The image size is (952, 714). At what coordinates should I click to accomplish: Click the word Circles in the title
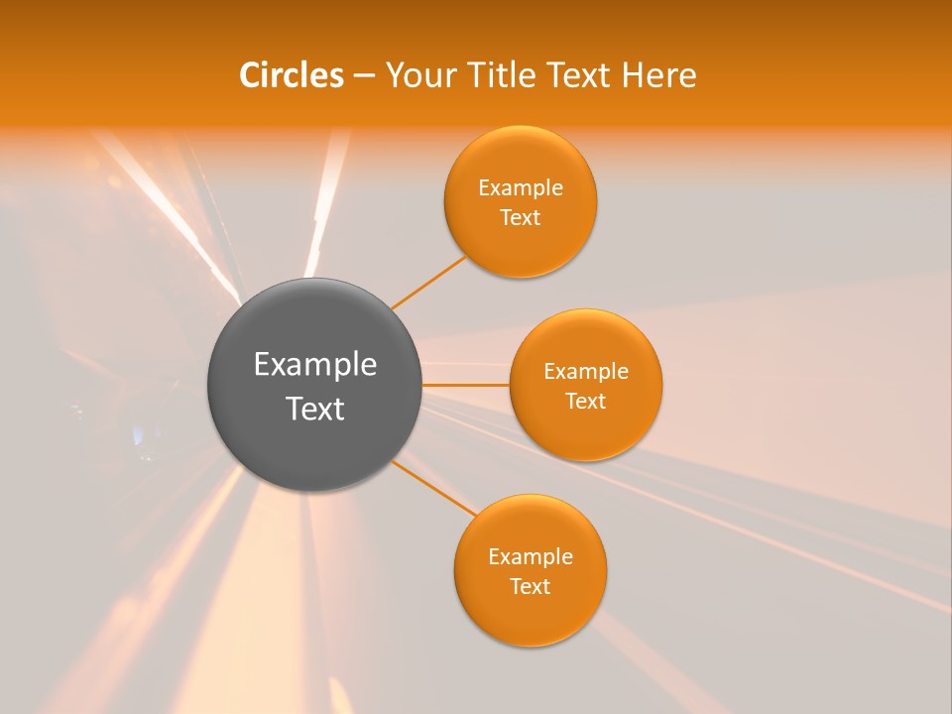point(291,75)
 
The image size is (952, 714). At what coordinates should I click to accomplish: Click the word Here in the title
point(658,75)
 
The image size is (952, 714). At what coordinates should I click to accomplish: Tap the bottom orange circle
point(530,620)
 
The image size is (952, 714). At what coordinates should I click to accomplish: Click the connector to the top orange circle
point(428,283)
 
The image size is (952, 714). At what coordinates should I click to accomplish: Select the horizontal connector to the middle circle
point(465,385)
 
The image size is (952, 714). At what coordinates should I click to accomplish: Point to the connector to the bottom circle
point(434,487)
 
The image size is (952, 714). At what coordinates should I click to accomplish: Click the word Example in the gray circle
point(315,365)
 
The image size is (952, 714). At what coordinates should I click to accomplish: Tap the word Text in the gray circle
point(315,409)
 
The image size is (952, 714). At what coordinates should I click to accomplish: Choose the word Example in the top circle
point(521,188)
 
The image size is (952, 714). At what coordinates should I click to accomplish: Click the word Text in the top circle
point(521,217)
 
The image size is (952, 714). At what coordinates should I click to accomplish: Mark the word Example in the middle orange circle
point(586,372)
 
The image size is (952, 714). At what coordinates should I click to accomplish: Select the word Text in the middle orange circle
point(586,401)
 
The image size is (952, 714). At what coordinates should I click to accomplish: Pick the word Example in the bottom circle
point(531,557)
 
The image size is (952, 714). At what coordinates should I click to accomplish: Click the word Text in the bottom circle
point(531,586)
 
